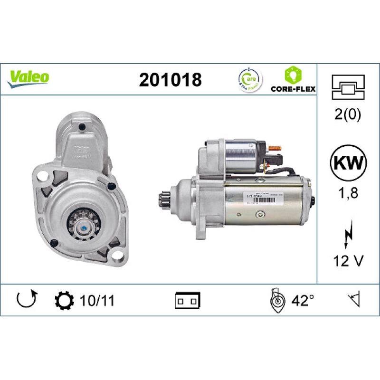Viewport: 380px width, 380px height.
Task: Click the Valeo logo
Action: coord(28,77)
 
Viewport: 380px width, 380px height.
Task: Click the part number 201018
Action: coord(170,79)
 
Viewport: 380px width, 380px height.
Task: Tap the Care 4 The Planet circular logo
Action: coord(248,79)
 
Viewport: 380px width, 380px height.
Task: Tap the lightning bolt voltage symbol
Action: coord(349,232)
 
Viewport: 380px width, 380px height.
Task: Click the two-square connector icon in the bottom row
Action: coord(188,300)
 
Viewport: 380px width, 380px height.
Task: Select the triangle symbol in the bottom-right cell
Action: coord(353,300)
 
